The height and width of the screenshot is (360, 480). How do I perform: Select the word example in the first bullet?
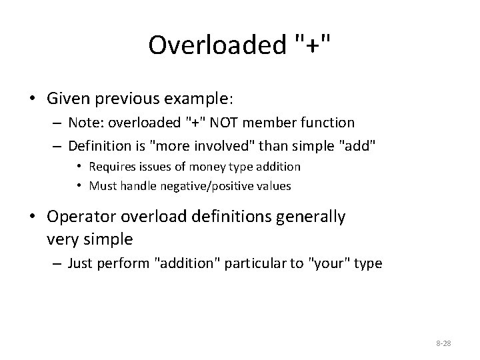[198, 99]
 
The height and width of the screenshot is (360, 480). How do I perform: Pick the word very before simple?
[63, 238]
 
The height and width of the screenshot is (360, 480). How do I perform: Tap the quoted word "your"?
[330, 263]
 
